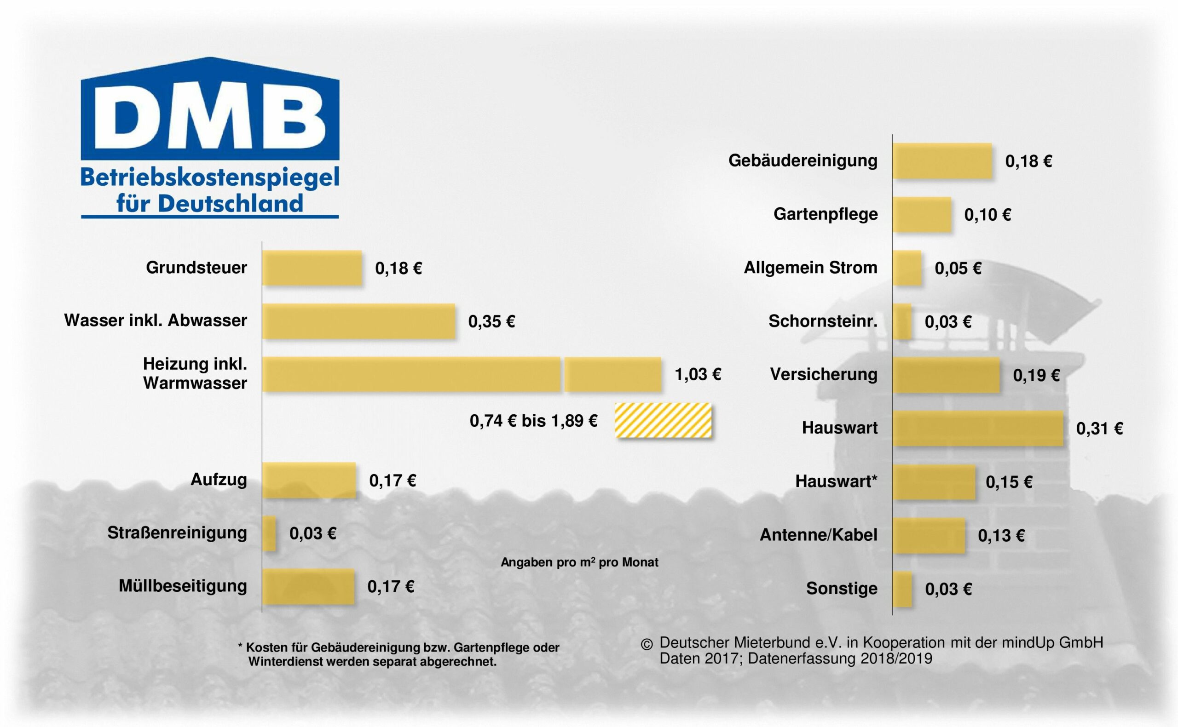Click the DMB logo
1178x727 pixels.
(210, 115)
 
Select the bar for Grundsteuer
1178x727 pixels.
(312, 268)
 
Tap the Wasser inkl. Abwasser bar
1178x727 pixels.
(358, 321)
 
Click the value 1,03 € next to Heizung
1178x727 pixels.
(698, 374)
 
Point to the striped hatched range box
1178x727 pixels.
(663, 420)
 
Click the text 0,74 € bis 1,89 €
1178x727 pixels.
(533, 421)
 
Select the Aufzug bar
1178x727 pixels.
(309, 480)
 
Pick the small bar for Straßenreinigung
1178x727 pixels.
(269, 533)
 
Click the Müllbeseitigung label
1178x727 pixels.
(183, 586)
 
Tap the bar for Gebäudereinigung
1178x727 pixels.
(942, 160)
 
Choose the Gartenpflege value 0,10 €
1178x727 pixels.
(987, 214)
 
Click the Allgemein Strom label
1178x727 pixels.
(810, 267)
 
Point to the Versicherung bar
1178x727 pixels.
(946, 375)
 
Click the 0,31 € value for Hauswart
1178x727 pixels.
(1099, 429)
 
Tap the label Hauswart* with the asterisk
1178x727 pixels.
(836, 481)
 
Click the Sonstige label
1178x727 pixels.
(842, 589)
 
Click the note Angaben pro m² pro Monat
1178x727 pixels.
(579, 562)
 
